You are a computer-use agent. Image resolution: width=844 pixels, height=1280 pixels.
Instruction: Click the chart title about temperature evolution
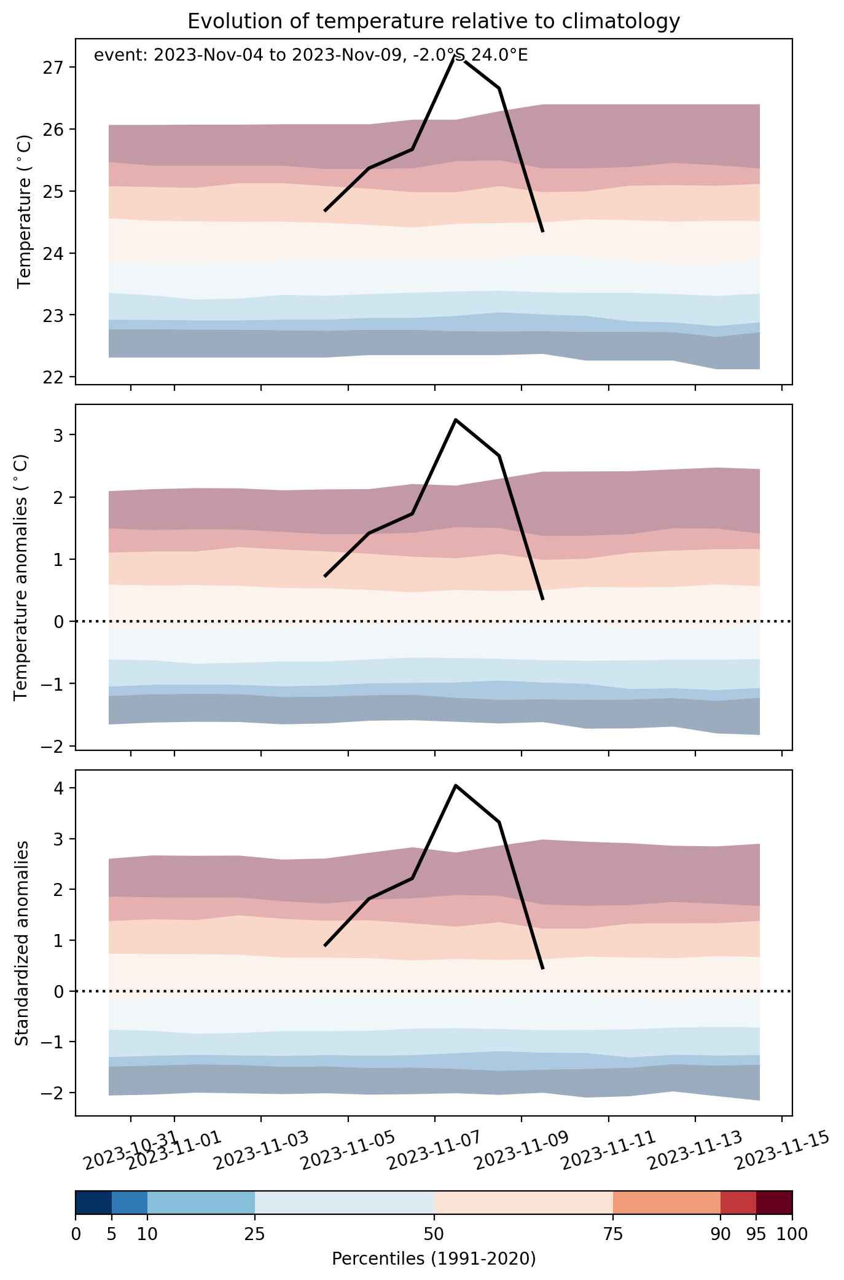pyautogui.click(x=434, y=22)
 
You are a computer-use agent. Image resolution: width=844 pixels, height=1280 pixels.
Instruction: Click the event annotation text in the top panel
pyautogui.click(x=310, y=55)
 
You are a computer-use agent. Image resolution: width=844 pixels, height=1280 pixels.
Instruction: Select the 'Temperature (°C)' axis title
pyautogui.click(x=25, y=211)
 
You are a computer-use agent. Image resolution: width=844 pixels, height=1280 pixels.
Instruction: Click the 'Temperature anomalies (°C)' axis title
pyautogui.click(x=21, y=576)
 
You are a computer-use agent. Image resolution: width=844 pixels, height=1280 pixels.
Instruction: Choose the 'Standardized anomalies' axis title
pyautogui.click(x=21, y=943)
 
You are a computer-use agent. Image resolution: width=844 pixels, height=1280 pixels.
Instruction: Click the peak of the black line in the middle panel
pyautogui.click(x=455, y=420)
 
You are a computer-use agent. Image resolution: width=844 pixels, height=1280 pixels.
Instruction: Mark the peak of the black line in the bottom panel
pyautogui.click(x=455, y=785)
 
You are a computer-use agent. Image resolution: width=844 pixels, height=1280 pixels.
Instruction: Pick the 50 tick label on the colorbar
pyautogui.click(x=434, y=1234)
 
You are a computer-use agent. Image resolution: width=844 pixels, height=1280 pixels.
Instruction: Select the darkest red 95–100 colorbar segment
pyautogui.click(x=774, y=1202)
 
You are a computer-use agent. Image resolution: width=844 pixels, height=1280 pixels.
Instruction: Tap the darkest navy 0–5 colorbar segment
pyautogui.click(x=93, y=1202)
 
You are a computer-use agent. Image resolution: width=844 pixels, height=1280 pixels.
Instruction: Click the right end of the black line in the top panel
pyautogui.click(x=543, y=232)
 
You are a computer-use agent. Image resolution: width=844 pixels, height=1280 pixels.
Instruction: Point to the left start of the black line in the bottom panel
pyautogui.click(x=325, y=946)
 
